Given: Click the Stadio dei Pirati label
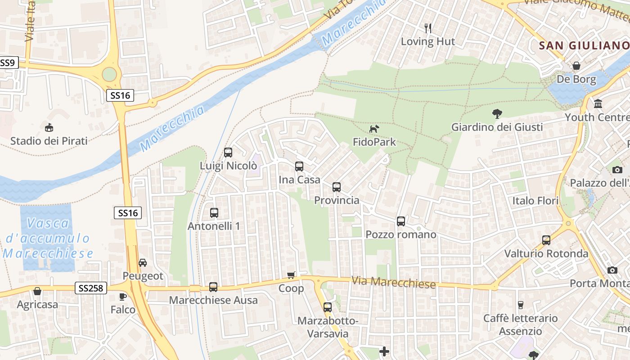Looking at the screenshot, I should tap(49, 141).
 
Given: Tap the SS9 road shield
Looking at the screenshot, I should tap(7, 63).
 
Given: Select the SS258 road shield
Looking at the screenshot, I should tap(91, 288).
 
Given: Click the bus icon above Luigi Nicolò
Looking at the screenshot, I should tap(228, 153).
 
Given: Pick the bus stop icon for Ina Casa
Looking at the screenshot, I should tap(299, 166).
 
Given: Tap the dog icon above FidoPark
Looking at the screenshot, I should tap(374, 129).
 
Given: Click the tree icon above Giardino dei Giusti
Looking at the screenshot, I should tap(497, 114).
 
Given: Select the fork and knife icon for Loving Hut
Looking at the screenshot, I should tap(428, 28).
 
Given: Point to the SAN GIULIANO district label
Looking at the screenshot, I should tap(584, 45).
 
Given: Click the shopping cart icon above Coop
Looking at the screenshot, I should tap(291, 275).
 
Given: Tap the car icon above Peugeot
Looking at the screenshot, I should tap(143, 262).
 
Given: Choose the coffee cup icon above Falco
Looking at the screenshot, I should tap(122, 296).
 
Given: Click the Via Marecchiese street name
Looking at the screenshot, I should tap(393, 282).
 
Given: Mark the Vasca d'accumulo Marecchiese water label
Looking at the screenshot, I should tap(48, 238).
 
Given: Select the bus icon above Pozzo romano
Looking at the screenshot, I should tap(401, 221).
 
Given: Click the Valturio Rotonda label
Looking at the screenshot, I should tap(546, 253).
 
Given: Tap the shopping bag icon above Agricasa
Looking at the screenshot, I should tap(37, 291).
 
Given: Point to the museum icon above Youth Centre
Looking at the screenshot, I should tap(598, 104).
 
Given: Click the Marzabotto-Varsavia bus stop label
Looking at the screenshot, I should tap(328, 327).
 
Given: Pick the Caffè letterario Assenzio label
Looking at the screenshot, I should tap(520, 324).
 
